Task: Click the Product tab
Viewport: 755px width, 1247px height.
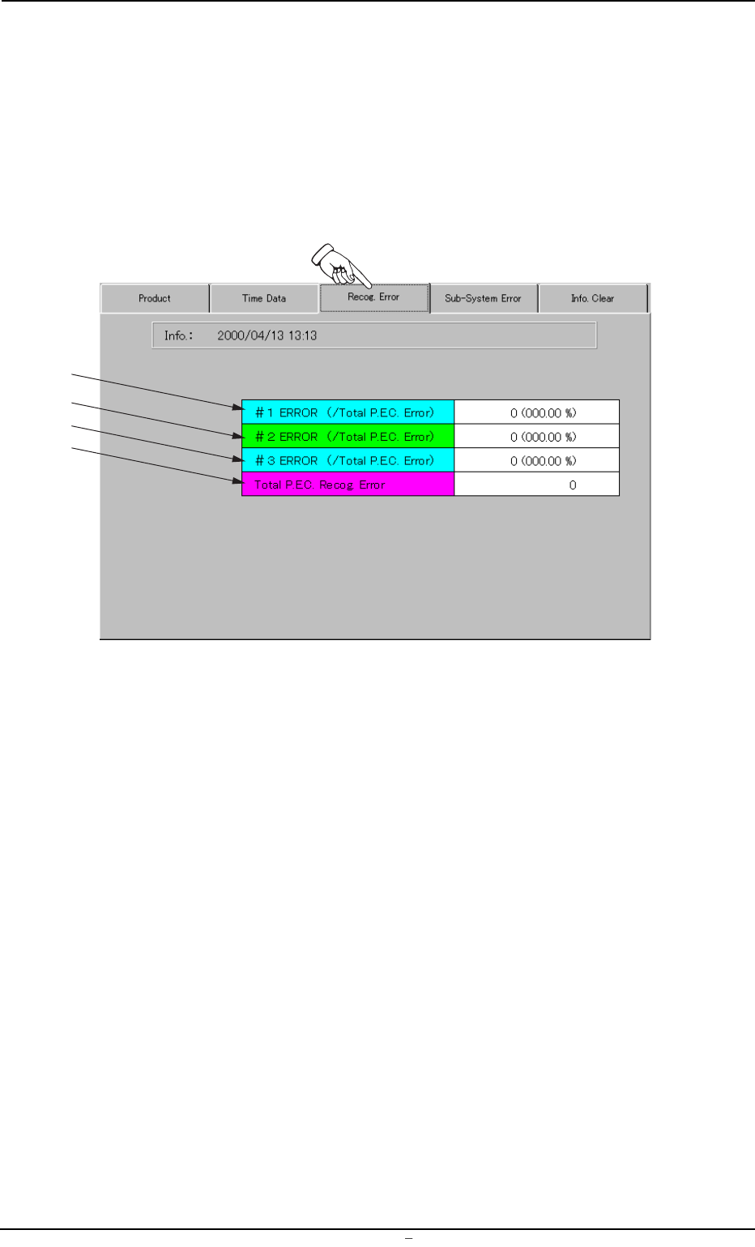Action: (x=155, y=298)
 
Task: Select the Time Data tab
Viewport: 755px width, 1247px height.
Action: (x=264, y=298)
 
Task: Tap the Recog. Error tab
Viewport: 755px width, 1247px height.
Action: (x=373, y=297)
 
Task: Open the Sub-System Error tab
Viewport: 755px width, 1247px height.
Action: (x=483, y=298)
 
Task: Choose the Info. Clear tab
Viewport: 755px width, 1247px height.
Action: (x=592, y=298)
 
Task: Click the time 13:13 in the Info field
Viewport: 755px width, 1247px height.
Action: (x=302, y=335)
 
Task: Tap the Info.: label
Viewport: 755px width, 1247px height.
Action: (x=178, y=335)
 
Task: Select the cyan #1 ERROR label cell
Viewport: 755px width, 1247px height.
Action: (x=348, y=412)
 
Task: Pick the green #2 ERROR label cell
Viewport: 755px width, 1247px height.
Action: (x=348, y=437)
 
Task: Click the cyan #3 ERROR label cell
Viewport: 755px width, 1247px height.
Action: (x=348, y=460)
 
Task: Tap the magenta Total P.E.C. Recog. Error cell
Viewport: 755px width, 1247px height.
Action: (x=348, y=485)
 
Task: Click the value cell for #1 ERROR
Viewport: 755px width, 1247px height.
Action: (x=536, y=412)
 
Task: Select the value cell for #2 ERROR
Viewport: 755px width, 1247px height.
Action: (x=536, y=437)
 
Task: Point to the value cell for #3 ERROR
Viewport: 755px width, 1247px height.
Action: (x=536, y=460)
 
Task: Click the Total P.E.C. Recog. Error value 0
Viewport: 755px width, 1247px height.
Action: (x=572, y=485)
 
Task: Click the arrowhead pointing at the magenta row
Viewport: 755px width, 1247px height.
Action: (x=237, y=481)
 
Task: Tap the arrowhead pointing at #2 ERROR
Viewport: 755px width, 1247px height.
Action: (x=237, y=436)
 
